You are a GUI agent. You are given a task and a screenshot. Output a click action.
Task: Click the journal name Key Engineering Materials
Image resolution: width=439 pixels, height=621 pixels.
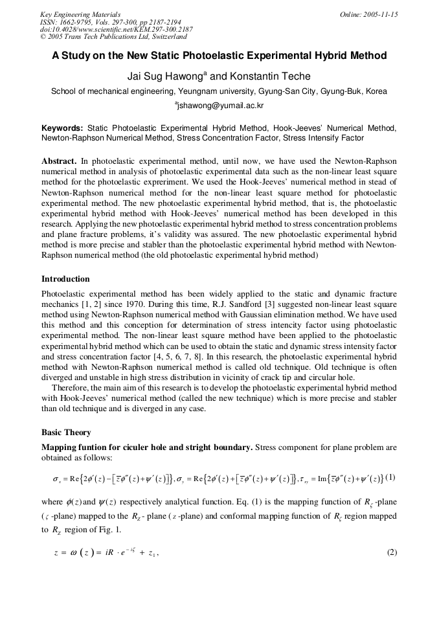(x=80, y=14)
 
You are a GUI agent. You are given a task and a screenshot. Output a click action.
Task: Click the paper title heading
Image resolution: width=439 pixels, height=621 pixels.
(x=219, y=56)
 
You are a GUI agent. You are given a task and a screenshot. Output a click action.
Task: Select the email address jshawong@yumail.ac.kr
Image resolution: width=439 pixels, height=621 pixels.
(x=220, y=106)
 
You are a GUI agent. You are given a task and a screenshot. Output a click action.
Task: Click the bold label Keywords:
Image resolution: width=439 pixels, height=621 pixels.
(x=62, y=129)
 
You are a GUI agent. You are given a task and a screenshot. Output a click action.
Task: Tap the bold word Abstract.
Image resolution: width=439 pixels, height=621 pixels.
(x=59, y=160)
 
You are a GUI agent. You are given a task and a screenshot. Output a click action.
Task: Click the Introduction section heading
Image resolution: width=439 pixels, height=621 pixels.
(x=65, y=279)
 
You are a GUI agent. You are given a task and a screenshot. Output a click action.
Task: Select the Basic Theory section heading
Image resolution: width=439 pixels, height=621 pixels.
(x=66, y=432)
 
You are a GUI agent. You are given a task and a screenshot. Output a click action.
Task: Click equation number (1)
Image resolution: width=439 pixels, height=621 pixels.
(x=390, y=478)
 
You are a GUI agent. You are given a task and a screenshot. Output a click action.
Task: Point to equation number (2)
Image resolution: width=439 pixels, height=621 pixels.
(x=391, y=552)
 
